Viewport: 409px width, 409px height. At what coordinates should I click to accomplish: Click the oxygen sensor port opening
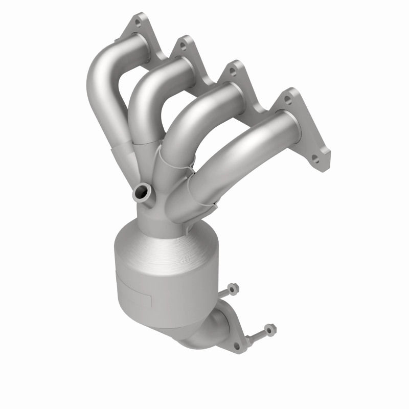(141, 193)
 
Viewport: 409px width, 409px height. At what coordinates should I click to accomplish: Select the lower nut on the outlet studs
(269, 328)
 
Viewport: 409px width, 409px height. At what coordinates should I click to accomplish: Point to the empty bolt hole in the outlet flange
(236, 346)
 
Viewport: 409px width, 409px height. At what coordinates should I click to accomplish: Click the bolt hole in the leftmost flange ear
(138, 22)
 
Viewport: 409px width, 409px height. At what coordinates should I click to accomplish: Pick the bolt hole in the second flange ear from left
(181, 47)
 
